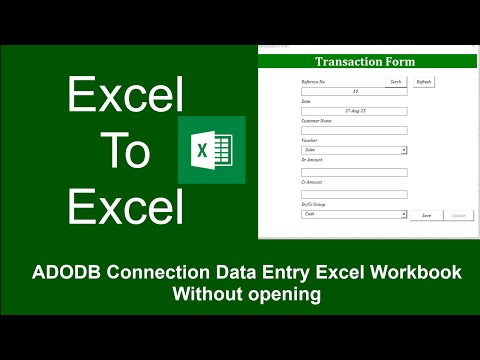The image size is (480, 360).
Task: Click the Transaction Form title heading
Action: [x=367, y=62]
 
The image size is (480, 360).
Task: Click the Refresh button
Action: [x=424, y=82]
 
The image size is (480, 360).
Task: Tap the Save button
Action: [x=427, y=214]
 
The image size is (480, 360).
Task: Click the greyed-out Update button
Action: [x=458, y=214]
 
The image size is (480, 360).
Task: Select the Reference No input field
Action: [x=354, y=91]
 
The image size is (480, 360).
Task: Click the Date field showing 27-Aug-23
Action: [x=354, y=110]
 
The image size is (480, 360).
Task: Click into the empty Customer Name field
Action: [x=354, y=130]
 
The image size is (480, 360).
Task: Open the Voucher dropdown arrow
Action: [x=404, y=150]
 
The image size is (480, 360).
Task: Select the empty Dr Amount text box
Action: [x=354, y=172]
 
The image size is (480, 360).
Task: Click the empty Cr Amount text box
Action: [x=354, y=194]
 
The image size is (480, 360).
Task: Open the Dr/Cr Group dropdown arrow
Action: [x=404, y=214]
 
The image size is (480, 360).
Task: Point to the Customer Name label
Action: [x=318, y=121]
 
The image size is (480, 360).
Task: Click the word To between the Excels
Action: [x=125, y=152]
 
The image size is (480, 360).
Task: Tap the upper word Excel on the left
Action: [x=125, y=97]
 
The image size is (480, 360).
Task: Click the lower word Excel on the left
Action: [x=125, y=208]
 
